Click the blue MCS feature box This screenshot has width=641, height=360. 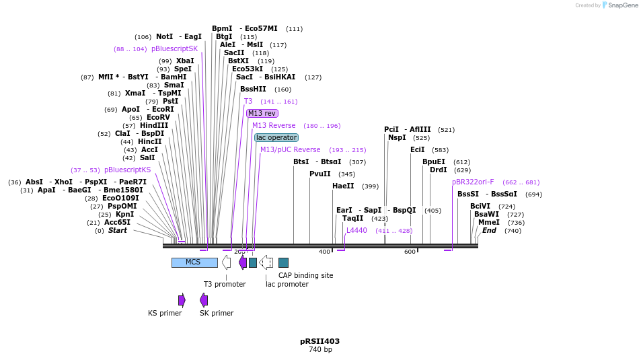click(x=194, y=262)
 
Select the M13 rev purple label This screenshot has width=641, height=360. click(x=262, y=113)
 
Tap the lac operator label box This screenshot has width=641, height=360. click(x=276, y=137)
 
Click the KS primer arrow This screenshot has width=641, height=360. click(x=182, y=300)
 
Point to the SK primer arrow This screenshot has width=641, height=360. click(x=204, y=300)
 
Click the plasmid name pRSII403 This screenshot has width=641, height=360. click(x=319, y=341)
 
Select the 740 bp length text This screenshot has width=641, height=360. click(x=320, y=350)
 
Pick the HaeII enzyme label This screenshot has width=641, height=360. click(x=343, y=186)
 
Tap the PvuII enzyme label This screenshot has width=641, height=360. click(x=320, y=174)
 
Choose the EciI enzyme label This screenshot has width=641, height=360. click(x=418, y=150)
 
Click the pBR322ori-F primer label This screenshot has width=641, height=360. click(x=473, y=182)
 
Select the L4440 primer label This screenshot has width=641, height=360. click(x=356, y=230)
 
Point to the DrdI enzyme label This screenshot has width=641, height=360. click(x=439, y=170)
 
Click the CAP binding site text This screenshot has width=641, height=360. click(x=305, y=275)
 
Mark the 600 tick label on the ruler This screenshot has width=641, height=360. click(x=410, y=252)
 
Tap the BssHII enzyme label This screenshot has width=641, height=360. click(x=253, y=89)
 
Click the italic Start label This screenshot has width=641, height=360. click(x=118, y=231)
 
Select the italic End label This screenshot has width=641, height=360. click(x=489, y=230)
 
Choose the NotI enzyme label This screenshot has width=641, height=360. click(x=164, y=37)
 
